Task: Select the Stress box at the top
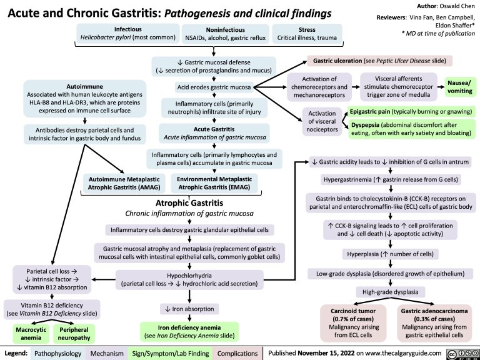306,33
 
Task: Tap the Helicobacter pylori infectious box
127,33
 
